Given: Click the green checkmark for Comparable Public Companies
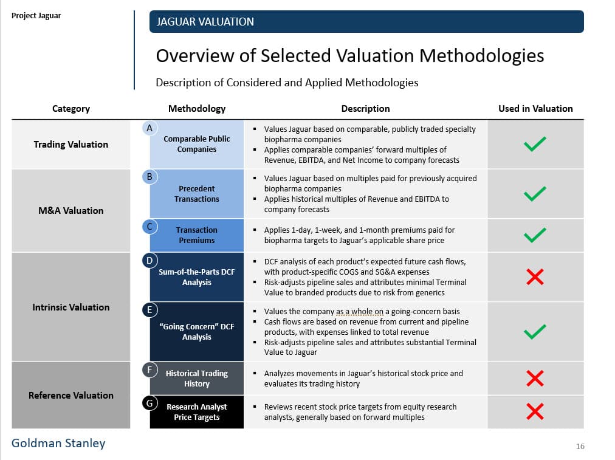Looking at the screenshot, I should [x=535, y=144].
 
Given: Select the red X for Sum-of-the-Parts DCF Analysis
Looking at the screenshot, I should [x=535, y=278].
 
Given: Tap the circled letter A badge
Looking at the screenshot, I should [x=149, y=128].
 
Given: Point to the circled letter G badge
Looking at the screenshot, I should [x=149, y=402].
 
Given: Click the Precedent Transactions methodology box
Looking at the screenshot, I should [x=196, y=194].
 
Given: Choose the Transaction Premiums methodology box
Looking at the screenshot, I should [x=196, y=235].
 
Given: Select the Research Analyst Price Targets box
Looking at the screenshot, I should [x=196, y=412].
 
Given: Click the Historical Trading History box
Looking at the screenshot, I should [x=196, y=379].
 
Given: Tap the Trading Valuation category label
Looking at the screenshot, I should [x=71, y=145].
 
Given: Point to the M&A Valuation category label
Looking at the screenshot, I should [x=71, y=211].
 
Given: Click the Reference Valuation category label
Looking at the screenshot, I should [x=71, y=396].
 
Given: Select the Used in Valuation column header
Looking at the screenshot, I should [x=535, y=109].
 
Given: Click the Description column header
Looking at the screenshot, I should [x=365, y=109].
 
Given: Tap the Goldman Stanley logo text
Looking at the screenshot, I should [x=58, y=444].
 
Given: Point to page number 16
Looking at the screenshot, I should [x=580, y=447].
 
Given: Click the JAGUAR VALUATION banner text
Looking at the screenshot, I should [x=205, y=22].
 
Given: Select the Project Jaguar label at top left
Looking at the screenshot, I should [x=36, y=16].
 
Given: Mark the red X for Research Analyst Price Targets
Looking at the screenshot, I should [x=535, y=411].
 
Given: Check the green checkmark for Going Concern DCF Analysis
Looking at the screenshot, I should [x=535, y=332].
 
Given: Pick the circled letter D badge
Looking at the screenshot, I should [x=149, y=261].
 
